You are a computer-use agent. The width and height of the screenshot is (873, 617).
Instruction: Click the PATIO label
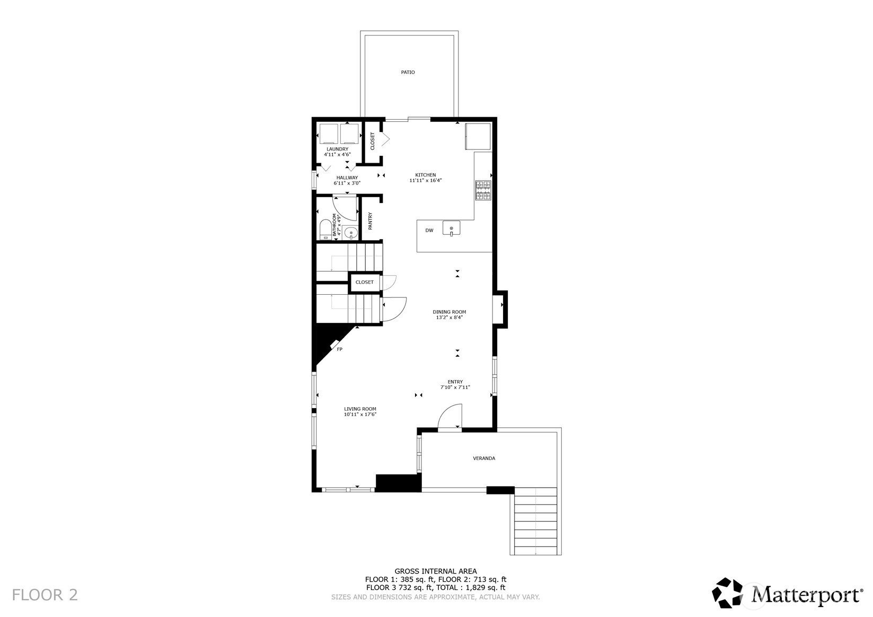(x=408, y=72)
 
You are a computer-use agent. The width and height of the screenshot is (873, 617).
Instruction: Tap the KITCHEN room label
(x=425, y=175)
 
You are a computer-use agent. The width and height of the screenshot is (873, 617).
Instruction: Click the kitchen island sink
(x=451, y=228)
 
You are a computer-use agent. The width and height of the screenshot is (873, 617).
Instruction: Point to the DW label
(x=429, y=231)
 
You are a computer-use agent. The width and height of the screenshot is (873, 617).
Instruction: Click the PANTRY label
(x=370, y=221)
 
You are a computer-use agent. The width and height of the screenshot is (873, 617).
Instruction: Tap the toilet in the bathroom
(x=324, y=230)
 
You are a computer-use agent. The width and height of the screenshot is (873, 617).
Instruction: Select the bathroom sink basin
(x=350, y=233)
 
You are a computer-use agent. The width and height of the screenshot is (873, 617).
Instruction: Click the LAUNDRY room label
(x=337, y=149)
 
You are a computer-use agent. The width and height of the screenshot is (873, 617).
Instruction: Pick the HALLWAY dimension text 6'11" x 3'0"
(x=347, y=183)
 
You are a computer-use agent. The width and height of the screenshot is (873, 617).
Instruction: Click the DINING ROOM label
(x=449, y=312)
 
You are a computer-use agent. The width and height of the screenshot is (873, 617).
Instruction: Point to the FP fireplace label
(x=340, y=349)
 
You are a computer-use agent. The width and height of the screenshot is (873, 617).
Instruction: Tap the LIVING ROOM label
(x=360, y=409)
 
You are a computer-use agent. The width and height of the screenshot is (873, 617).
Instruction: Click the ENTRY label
(x=455, y=382)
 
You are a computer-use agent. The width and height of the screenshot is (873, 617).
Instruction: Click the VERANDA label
(x=484, y=458)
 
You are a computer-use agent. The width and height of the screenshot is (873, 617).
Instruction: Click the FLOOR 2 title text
(x=45, y=595)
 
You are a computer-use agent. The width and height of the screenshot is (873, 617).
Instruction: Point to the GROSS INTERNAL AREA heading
(x=435, y=571)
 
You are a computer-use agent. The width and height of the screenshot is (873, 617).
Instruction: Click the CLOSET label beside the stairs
(x=364, y=282)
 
